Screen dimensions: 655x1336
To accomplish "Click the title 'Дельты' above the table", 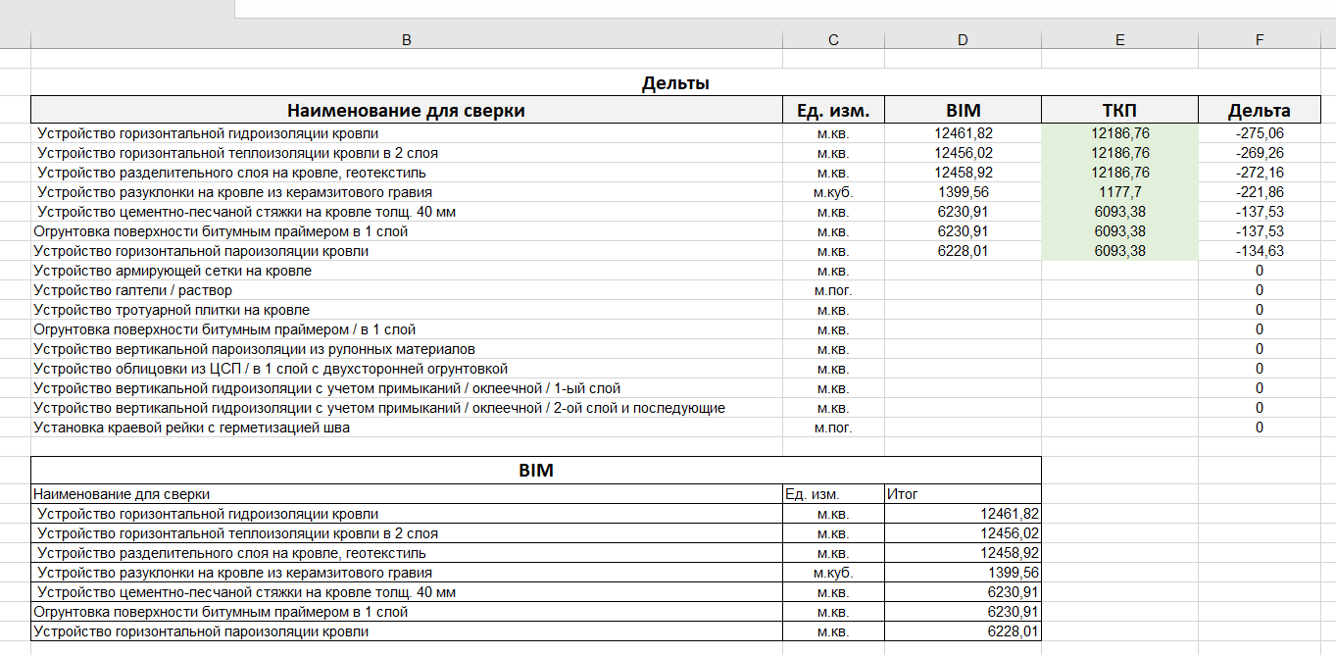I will tap(675, 83).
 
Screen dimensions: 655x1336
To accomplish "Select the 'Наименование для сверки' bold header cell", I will tap(406, 110).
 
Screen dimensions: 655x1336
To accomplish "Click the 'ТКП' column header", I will tap(1118, 110).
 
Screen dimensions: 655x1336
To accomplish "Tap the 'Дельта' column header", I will tap(1259, 110).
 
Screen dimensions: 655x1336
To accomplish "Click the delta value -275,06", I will tap(1260, 133).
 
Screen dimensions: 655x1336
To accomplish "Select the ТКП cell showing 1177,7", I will tap(1119, 192).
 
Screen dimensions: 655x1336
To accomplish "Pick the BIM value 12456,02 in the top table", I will tap(963, 153).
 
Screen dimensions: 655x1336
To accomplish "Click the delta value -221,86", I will tap(1260, 192).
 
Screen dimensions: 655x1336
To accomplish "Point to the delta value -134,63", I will tap(1260, 251).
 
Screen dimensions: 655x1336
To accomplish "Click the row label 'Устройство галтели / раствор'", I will tap(132, 290).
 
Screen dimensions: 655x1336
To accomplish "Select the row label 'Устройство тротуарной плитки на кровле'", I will tap(172, 310).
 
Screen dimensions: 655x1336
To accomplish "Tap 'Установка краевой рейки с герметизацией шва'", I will tap(192, 428).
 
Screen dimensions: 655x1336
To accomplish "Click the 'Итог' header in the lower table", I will tap(902, 494).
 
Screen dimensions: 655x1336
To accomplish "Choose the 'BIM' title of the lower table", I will tap(535, 471).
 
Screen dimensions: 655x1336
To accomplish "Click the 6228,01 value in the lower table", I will tap(1014, 631).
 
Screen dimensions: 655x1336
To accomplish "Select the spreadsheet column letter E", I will tap(1119, 39).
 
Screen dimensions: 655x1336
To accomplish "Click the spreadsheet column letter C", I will tap(833, 39).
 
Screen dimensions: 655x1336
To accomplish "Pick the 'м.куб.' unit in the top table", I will tap(833, 192).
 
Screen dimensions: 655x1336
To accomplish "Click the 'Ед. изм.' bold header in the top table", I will tap(833, 110).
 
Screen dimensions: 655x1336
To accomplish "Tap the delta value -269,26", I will tap(1260, 153).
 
